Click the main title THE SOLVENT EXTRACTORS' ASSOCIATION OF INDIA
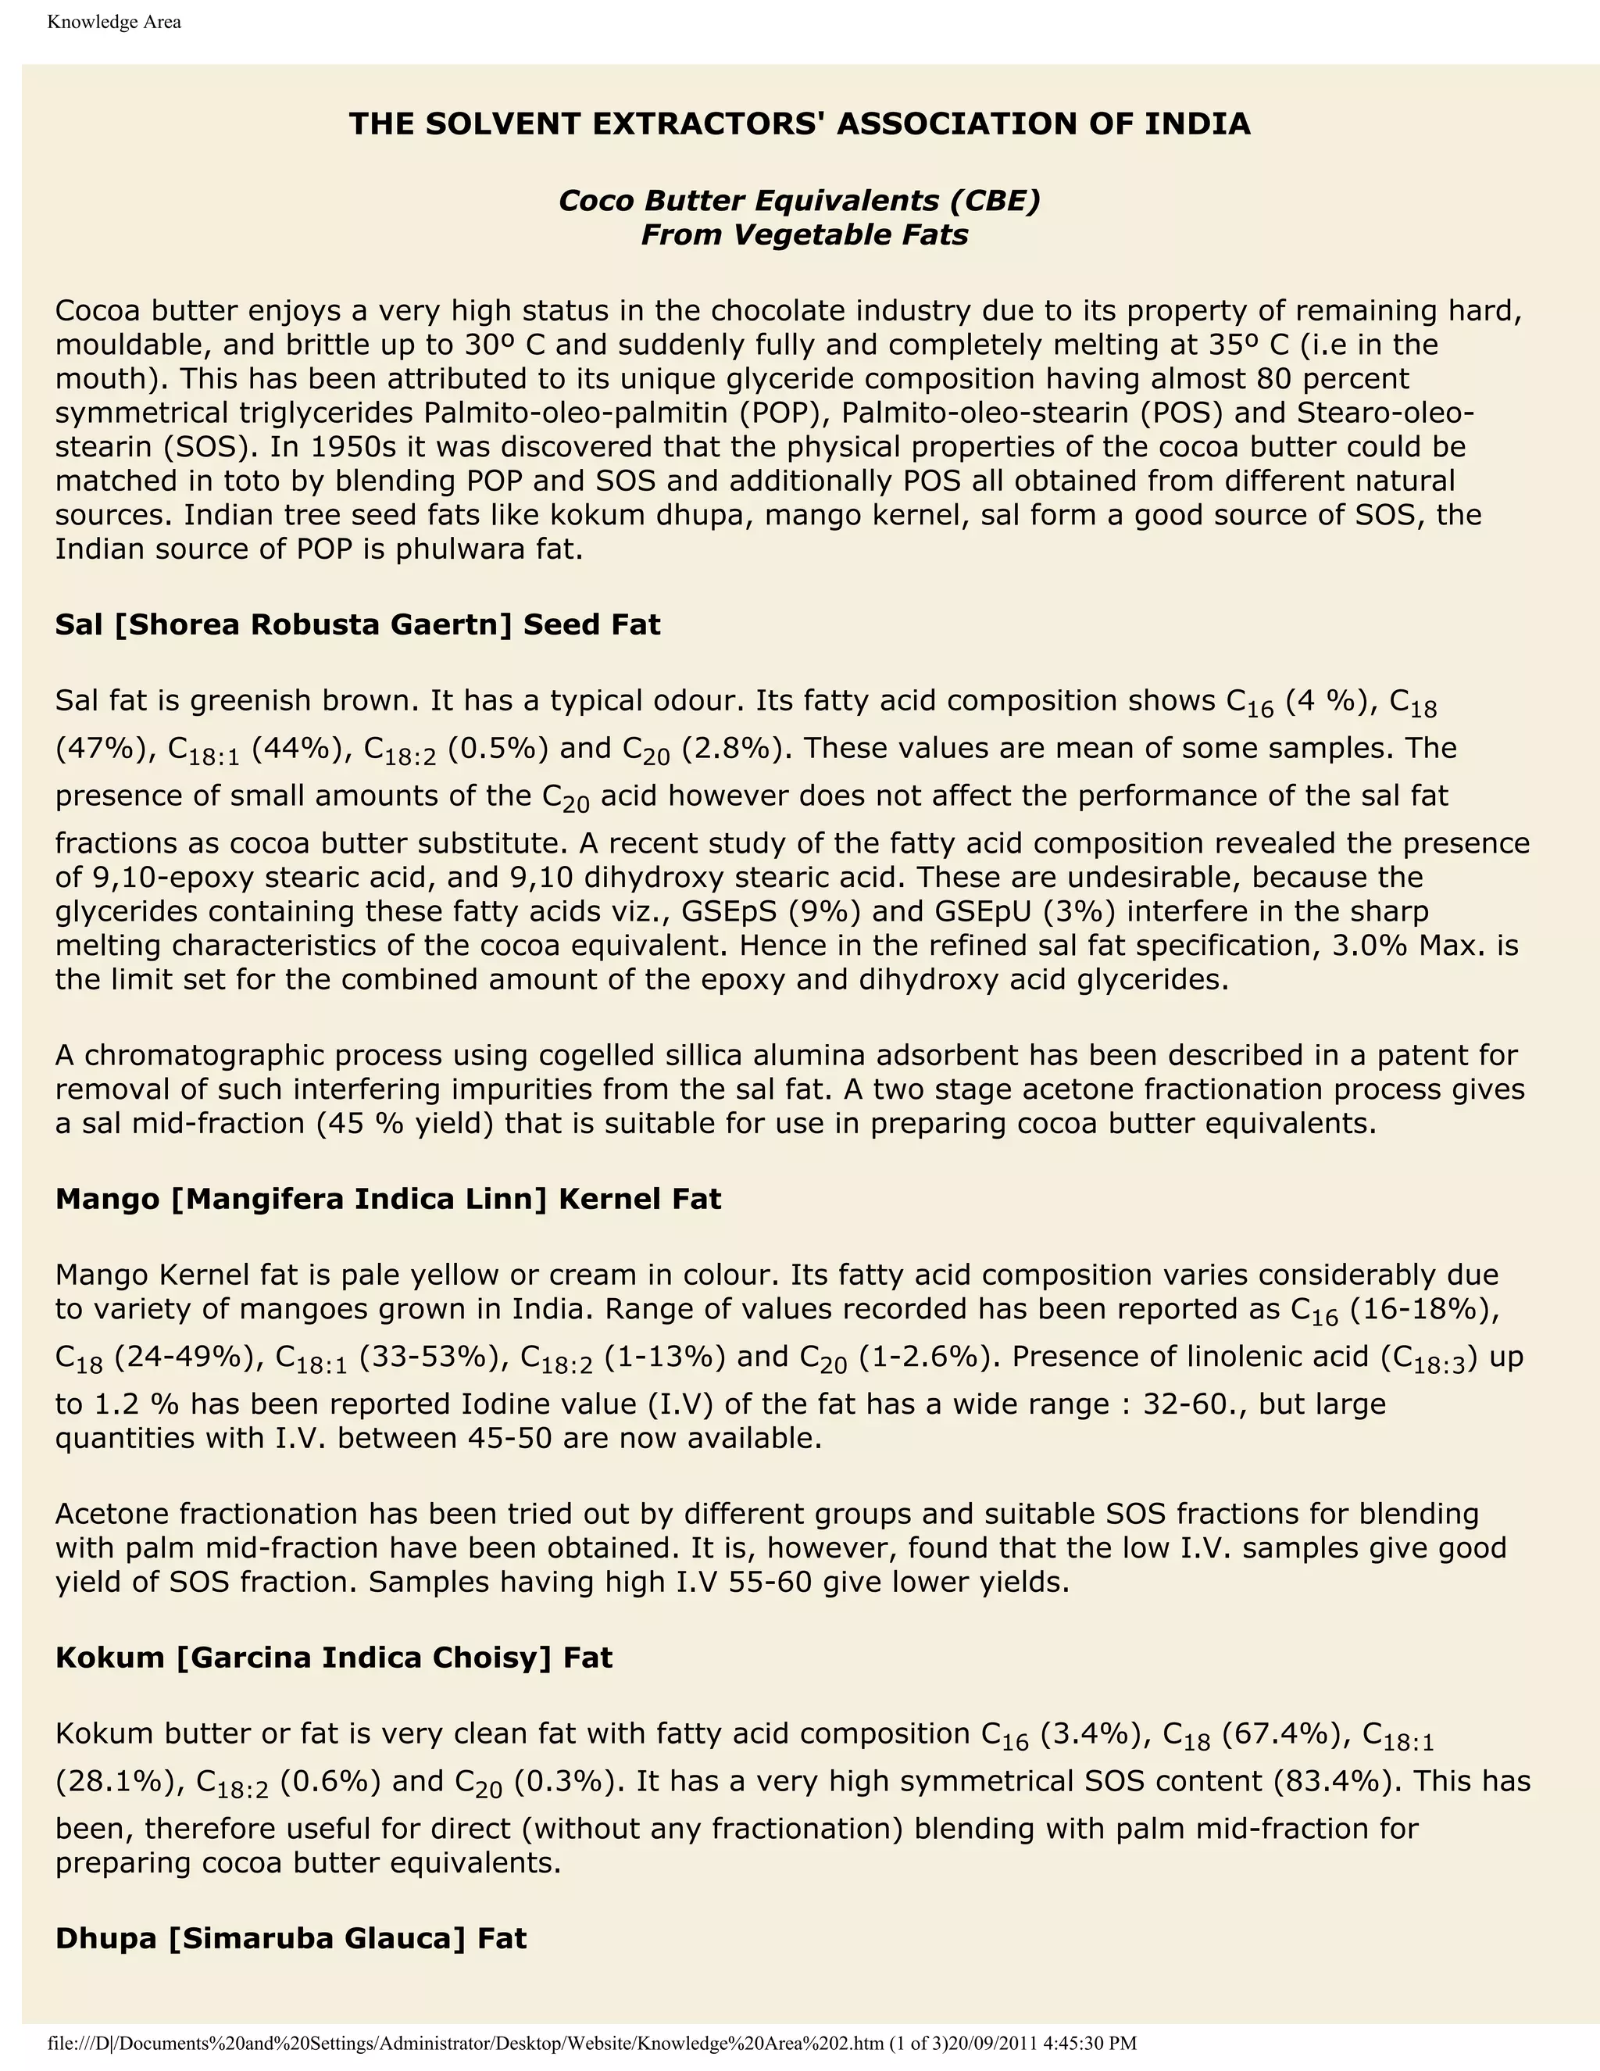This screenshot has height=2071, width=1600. click(799, 124)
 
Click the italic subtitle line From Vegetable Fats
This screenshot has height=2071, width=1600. click(804, 234)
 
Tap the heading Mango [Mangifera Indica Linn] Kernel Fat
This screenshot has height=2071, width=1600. click(387, 1199)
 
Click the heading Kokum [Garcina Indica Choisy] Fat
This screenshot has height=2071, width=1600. click(334, 1657)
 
